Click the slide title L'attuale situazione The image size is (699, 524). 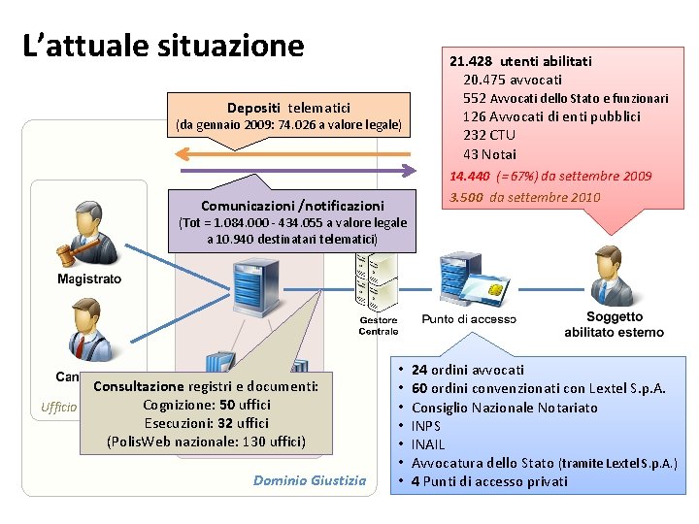pyautogui.click(x=163, y=46)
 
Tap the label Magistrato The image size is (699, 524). pyautogui.click(x=89, y=279)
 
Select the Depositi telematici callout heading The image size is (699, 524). pyautogui.click(x=288, y=108)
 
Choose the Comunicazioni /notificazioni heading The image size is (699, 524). pyautogui.click(x=292, y=206)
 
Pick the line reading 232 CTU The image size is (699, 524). pyautogui.click(x=489, y=135)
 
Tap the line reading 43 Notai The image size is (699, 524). pyautogui.click(x=490, y=154)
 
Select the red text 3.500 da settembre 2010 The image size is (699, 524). pyautogui.click(x=524, y=197)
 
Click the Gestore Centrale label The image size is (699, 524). pyautogui.click(x=379, y=326)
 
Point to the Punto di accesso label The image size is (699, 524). pyautogui.click(x=469, y=319)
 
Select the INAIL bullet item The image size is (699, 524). pyautogui.click(x=428, y=444)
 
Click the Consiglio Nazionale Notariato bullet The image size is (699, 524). pyautogui.click(x=504, y=408)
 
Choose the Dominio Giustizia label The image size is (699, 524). pyautogui.click(x=310, y=479)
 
